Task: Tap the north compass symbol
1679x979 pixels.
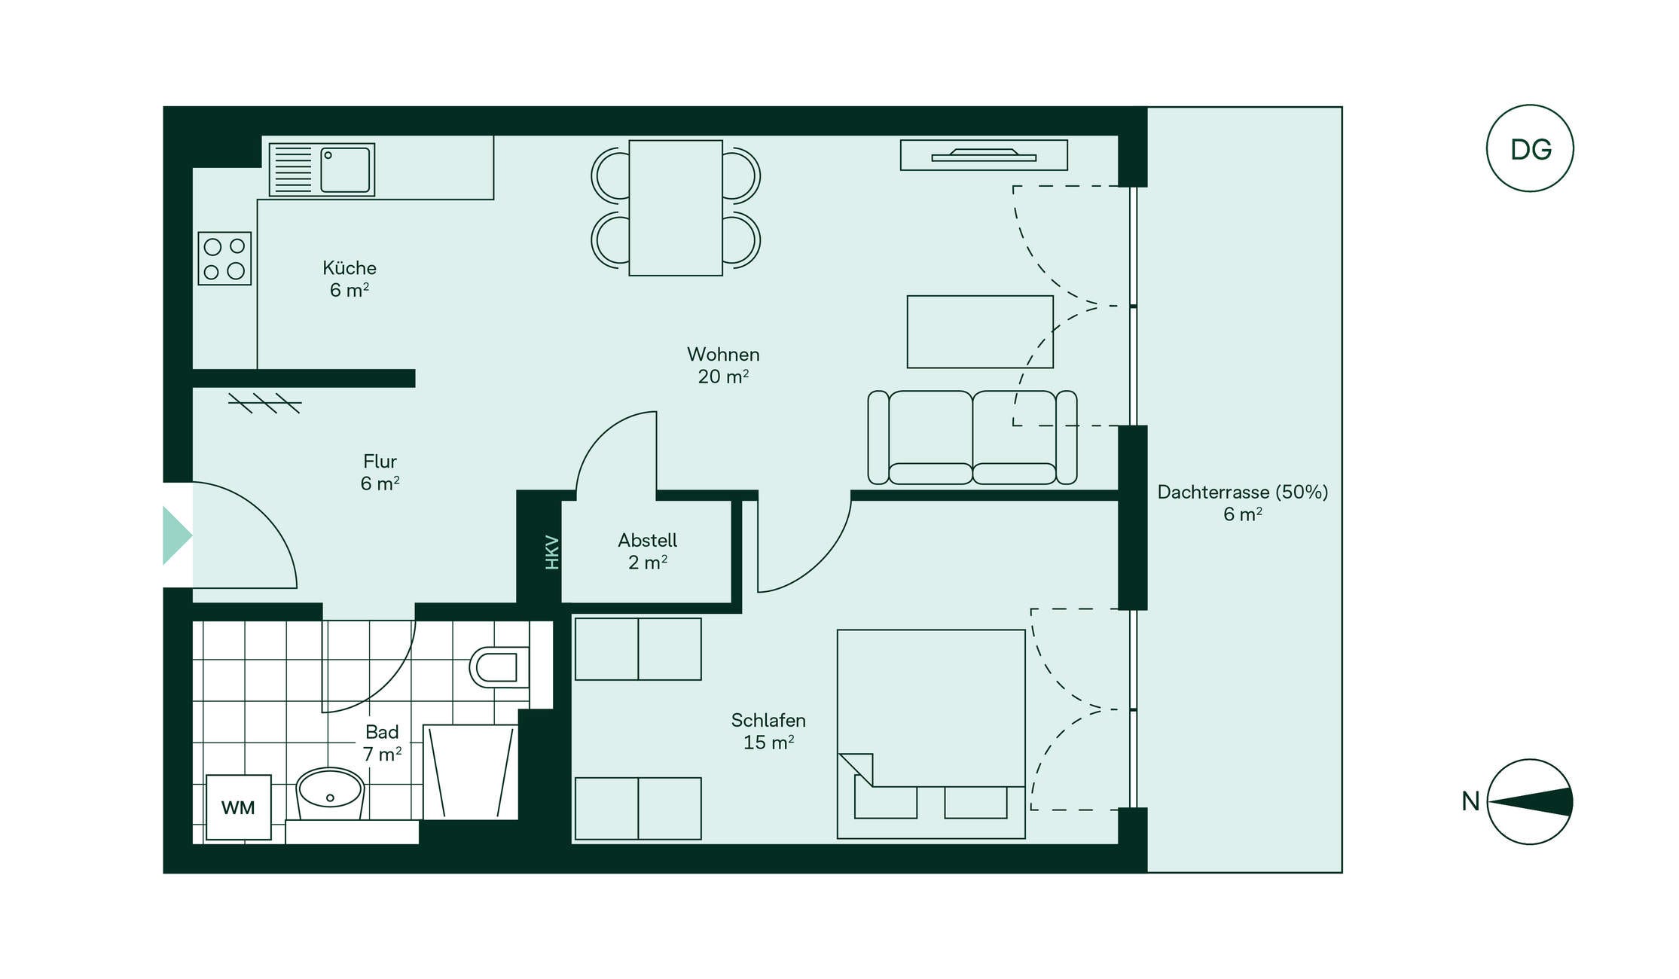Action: coord(1529,802)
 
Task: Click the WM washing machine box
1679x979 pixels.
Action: coord(239,807)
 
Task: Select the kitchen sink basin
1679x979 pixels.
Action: coord(346,169)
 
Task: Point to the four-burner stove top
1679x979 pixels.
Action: coord(224,258)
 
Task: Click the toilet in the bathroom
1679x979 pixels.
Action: coord(499,667)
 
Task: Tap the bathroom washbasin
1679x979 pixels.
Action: coord(330,794)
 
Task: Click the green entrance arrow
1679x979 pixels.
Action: coord(177,535)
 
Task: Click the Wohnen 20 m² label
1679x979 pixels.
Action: coord(723,365)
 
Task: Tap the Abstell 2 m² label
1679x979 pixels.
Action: coord(648,551)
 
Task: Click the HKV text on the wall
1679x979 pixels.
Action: coord(552,552)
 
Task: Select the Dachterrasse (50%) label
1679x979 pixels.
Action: coord(1243,493)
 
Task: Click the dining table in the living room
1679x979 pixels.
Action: coord(676,208)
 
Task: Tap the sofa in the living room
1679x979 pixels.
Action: coord(972,438)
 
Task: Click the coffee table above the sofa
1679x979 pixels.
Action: coord(980,332)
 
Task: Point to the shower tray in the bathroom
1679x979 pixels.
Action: coord(471,772)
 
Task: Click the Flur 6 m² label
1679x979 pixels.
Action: coord(380,472)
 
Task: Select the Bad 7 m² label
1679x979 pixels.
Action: coord(382,743)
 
